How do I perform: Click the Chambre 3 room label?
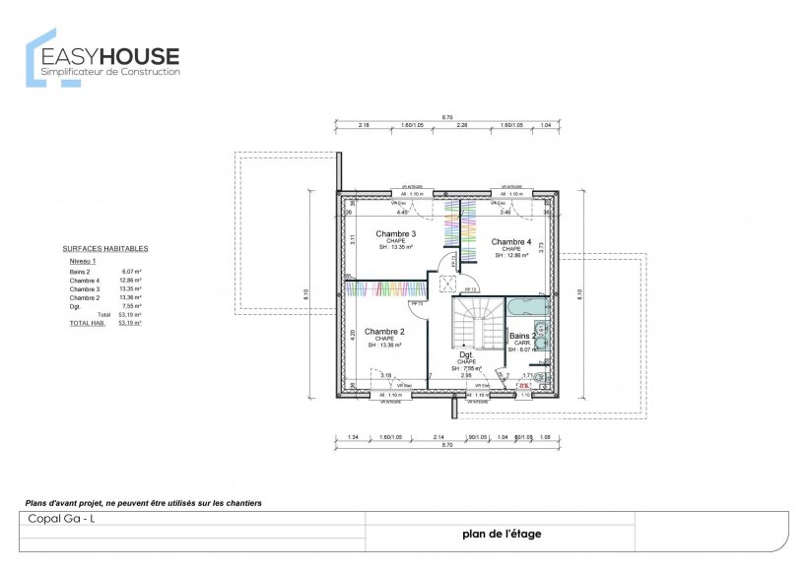[394, 233]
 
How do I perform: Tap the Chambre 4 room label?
[510, 241]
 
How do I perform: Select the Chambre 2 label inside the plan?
[383, 332]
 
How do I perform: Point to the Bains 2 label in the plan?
[522, 336]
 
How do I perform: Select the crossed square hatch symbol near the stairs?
[447, 284]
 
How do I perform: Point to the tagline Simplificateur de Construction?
[111, 72]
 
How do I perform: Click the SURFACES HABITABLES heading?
[105, 249]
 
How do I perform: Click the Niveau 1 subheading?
[83, 261]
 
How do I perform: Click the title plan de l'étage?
[501, 535]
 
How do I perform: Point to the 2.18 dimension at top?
[364, 126]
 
